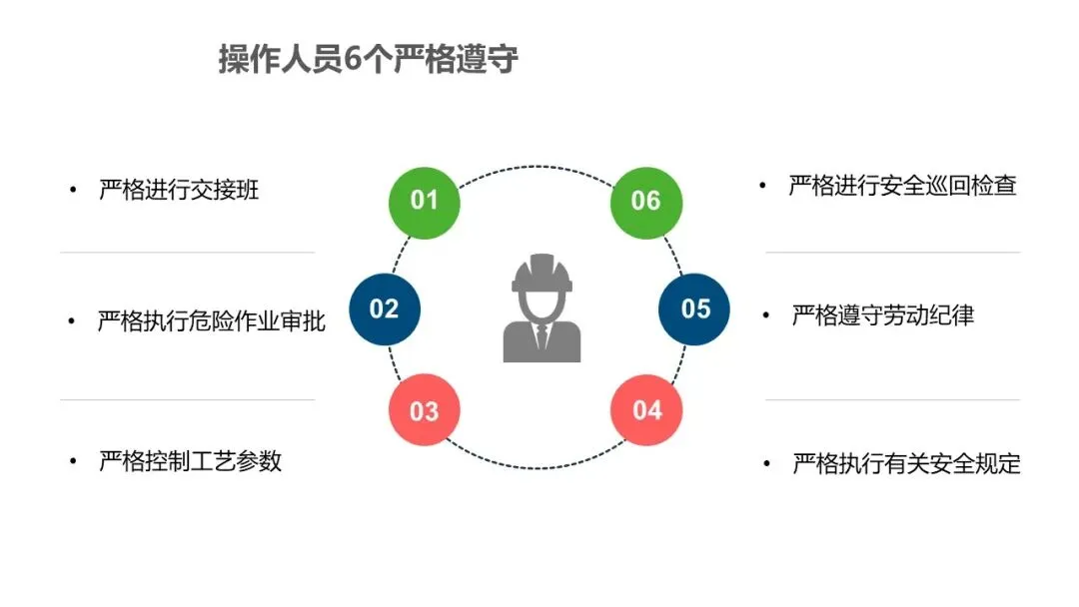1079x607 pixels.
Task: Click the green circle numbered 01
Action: (425, 200)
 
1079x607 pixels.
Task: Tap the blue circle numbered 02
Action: (385, 308)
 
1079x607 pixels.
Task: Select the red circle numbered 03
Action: (425, 410)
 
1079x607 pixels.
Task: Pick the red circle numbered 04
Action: (646, 409)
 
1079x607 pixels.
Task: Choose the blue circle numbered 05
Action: (694, 308)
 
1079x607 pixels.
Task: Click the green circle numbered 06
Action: (646, 201)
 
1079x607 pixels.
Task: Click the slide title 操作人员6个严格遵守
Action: (369, 59)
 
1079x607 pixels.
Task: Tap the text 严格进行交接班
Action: (179, 190)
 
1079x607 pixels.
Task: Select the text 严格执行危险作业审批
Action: (211, 321)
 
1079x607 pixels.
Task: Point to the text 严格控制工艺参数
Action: (190, 461)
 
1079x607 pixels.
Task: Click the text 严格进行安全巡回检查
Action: (902, 186)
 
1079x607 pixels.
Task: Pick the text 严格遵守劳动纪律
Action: (882, 315)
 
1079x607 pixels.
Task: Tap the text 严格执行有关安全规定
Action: (906, 464)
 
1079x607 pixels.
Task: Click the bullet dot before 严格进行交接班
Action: (72, 191)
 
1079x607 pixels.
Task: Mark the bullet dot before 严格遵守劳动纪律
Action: (766, 316)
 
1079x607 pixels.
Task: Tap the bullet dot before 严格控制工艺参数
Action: (72, 461)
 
